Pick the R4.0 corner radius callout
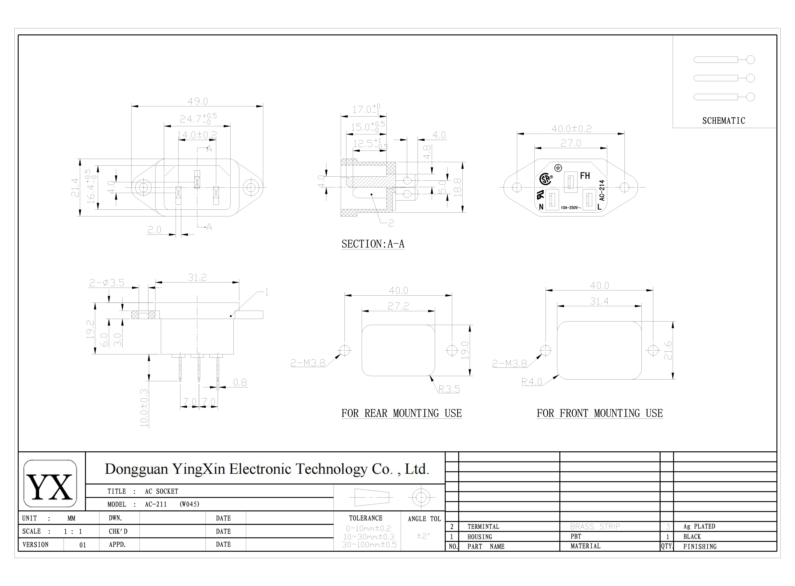click(531, 382)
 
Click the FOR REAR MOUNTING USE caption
click(401, 413)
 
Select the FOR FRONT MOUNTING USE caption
click(600, 413)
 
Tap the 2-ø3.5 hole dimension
click(107, 283)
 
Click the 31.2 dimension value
click(197, 277)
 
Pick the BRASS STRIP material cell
click(595, 526)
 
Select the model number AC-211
click(156, 504)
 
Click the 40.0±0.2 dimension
click(571, 129)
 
